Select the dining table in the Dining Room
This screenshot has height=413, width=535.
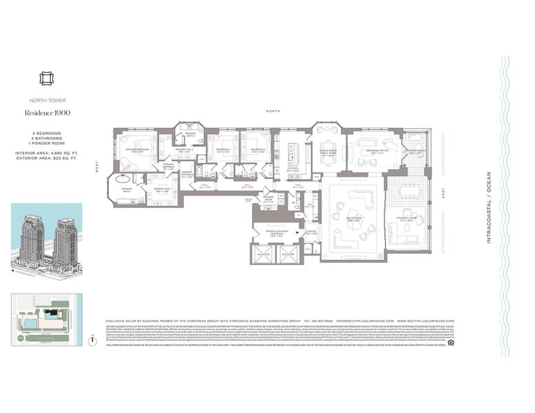(323, 149)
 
